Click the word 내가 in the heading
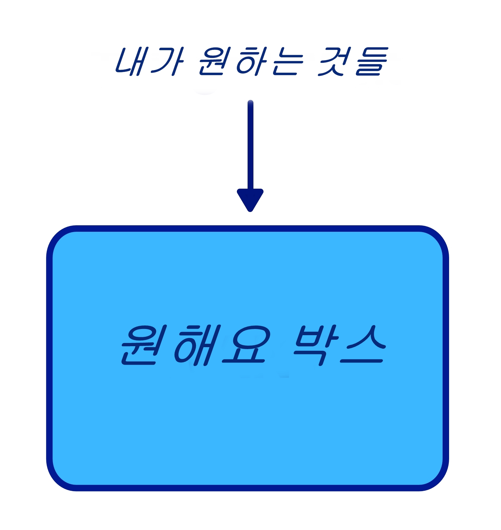tap(150, 61)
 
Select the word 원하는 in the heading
tap(251, 61)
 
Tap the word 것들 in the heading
tap(353, 61)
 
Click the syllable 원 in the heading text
tap(215, 61)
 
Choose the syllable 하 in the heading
tap(252, 61)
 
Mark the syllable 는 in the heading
tap(288, 61)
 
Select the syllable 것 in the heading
tap(335, 61)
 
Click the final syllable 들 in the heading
tap(372, 61)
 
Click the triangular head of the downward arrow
tap(250, 199)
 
